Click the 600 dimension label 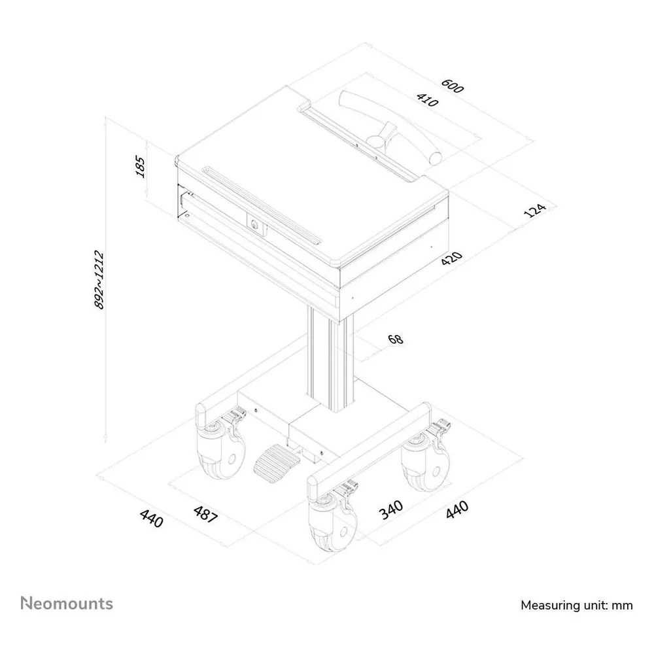452,86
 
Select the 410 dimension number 427,99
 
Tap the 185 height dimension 141,166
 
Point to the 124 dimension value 534,210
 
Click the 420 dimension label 452,258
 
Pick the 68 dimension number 396,339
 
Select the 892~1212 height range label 99,279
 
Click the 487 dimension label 205,514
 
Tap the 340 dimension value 391,509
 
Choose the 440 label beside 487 152,518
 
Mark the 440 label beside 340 457,509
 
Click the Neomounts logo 67,604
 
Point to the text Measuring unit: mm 576,605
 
